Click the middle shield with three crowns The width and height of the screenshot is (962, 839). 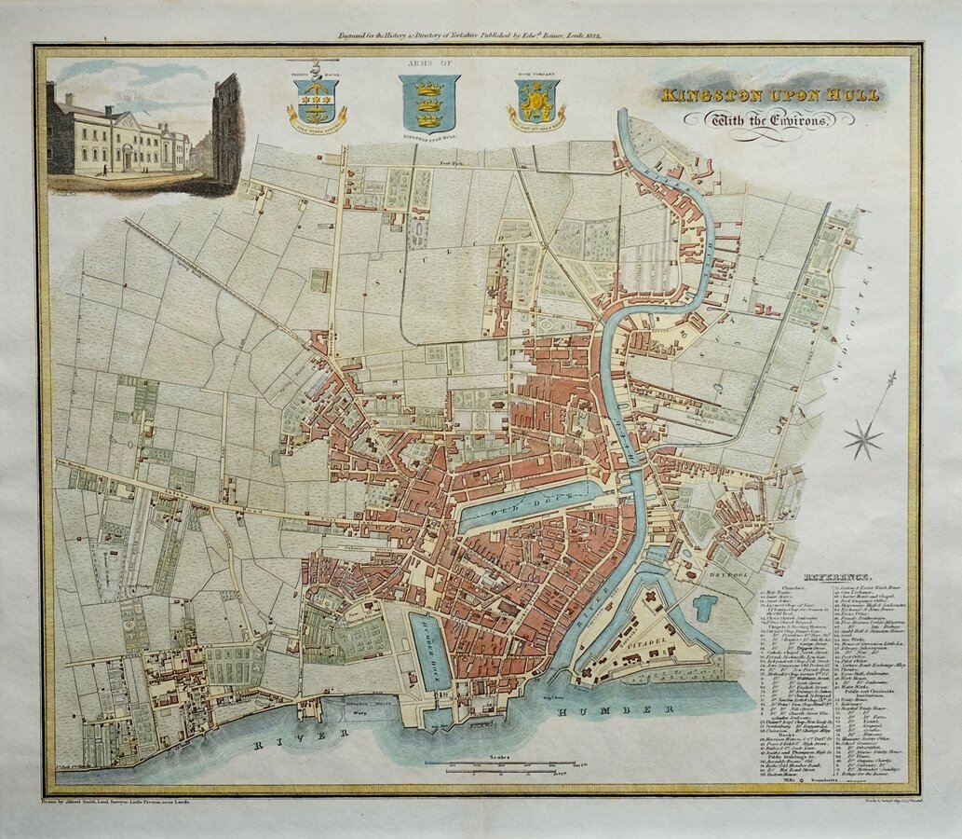(429, 102)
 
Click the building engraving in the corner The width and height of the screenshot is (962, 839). (144, 131)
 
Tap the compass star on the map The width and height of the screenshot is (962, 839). (864, 436)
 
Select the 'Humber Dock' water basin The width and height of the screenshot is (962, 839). (429, 650)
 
